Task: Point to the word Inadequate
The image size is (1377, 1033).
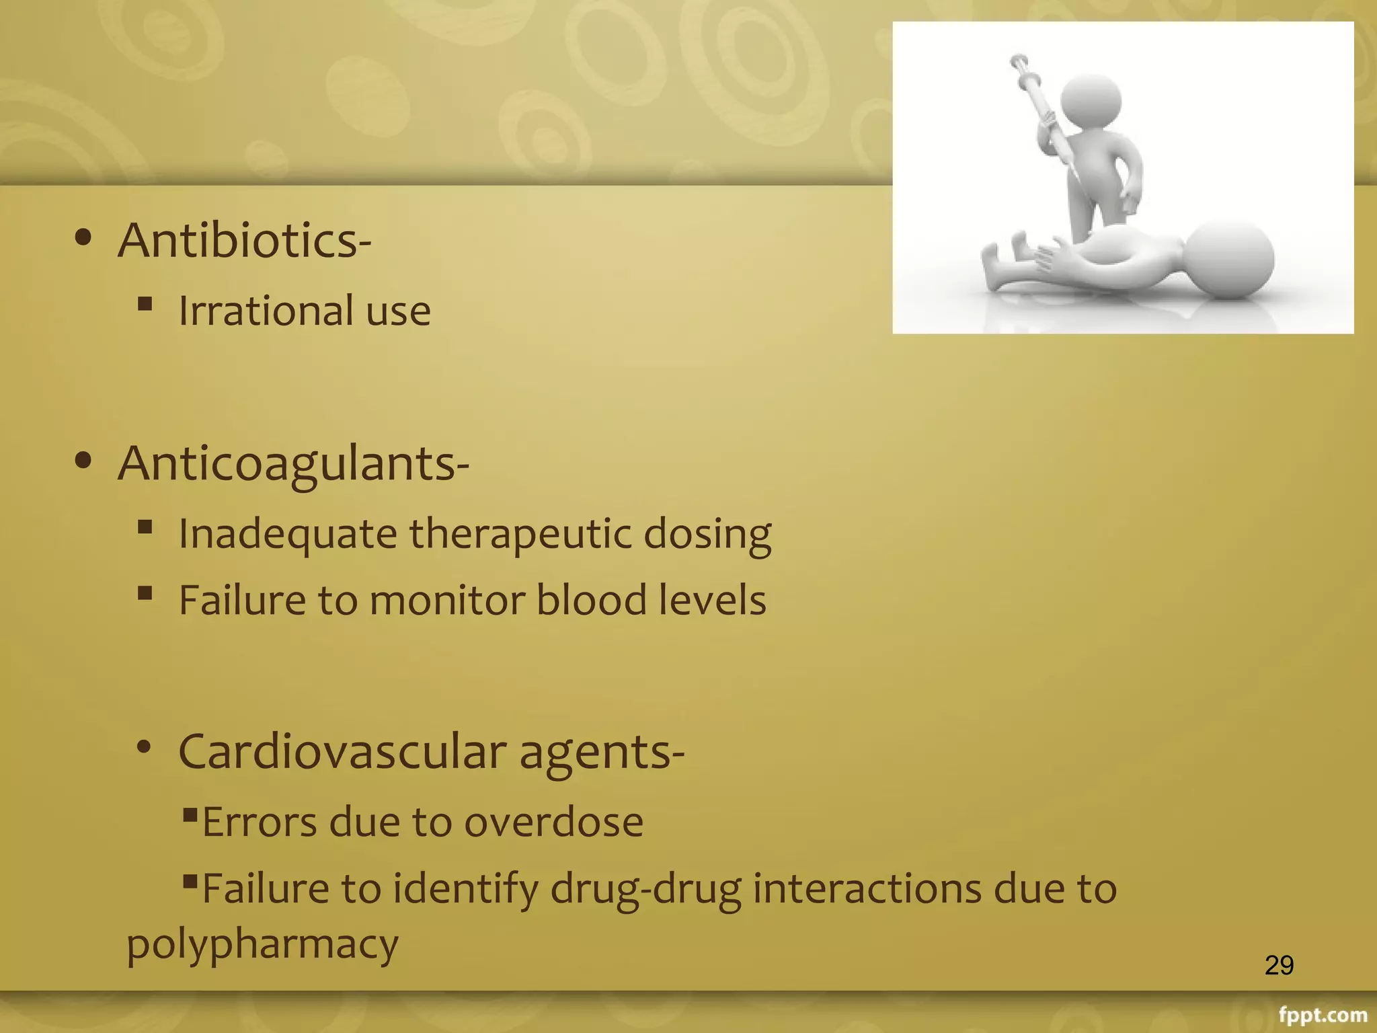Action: [x=288, y=535]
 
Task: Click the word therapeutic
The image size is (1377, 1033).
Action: [x=520, y=535]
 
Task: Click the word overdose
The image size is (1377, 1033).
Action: [x=553, y=822]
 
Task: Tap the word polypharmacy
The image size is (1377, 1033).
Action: [x=262, y=944]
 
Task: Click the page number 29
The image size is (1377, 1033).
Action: [x=1279, y=965]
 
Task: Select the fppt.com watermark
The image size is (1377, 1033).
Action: [x=1323, y=1015]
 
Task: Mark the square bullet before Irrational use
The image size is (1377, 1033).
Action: [x=145, y=304]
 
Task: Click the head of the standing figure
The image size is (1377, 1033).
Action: [x=1091, y=101]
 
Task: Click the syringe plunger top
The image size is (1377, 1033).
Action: [x=1019, y=61]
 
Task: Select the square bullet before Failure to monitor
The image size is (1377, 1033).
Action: [x=145, y=593]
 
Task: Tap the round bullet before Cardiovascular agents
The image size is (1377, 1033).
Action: [x=143, y=747]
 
